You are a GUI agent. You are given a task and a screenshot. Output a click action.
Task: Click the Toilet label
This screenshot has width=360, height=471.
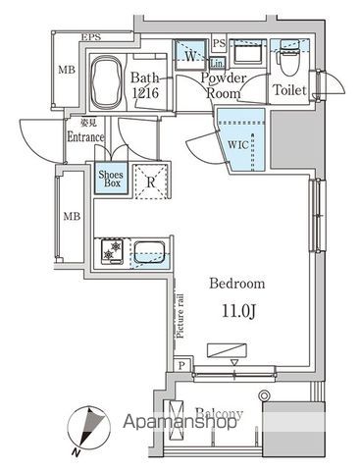pyautogui.click(x=288, y=90)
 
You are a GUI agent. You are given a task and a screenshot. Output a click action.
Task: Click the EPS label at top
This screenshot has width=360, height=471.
pyautogui.click(x=91, y=37)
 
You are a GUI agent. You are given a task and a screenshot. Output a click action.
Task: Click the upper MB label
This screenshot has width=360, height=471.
pyautogui.click(x=67, y=70)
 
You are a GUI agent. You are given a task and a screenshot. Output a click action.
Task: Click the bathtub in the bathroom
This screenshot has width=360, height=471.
pyautogui.click(x=105, y=74)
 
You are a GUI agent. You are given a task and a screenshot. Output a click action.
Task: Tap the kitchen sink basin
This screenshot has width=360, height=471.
pyautogui.click(x=149, y=250)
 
